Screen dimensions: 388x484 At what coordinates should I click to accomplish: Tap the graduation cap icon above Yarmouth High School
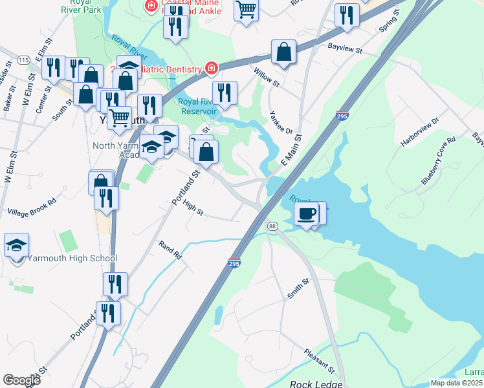coord(17,246)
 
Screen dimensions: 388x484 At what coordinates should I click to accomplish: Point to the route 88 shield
coord(272,226)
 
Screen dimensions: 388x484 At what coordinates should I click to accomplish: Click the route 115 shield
coord(24,60)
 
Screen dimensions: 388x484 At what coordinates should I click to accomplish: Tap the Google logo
coord(21,380)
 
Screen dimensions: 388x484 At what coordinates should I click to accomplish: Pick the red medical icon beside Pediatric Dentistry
coord(211,67)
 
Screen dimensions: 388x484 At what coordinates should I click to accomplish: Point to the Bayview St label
coord(344,48)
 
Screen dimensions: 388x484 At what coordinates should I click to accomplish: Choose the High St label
coord(193,211)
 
